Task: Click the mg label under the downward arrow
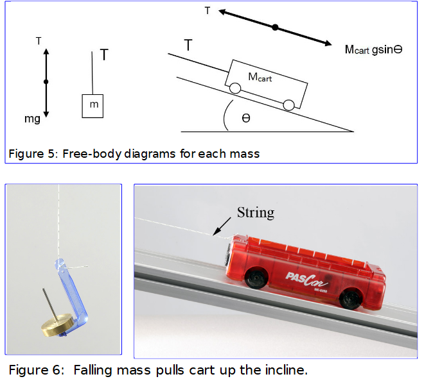click(x=33, y=119)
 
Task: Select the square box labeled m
click(x=93, y=105)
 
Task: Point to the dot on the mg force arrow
click(x=46, y=81)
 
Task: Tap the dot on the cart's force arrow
click(x=275, y=28)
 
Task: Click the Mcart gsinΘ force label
click(x=373, y=49)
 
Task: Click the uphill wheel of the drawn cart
click(x=236, y=88)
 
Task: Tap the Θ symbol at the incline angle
click(x=246, y=119)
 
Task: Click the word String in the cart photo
click(x=256, y=212)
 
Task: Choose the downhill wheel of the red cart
click(x=350, y=298)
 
